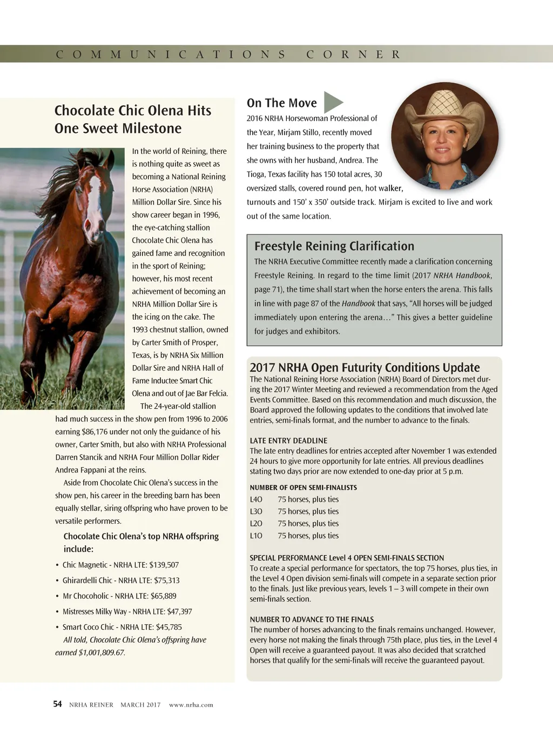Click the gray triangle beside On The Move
(333, 102)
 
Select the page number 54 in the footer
(58, 704)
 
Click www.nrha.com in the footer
(191, 705)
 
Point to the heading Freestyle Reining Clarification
(334, 246)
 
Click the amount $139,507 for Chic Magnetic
(164, 565)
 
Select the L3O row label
(256, 511)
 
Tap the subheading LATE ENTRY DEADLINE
(288, 441)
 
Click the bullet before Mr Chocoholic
(57, 596)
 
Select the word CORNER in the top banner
(353, 55)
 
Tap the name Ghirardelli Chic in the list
(87, 580)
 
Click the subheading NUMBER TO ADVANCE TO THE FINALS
(312, 619)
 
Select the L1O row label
(256, 536)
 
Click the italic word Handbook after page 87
(358, 303)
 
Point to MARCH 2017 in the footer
(140, 705)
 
